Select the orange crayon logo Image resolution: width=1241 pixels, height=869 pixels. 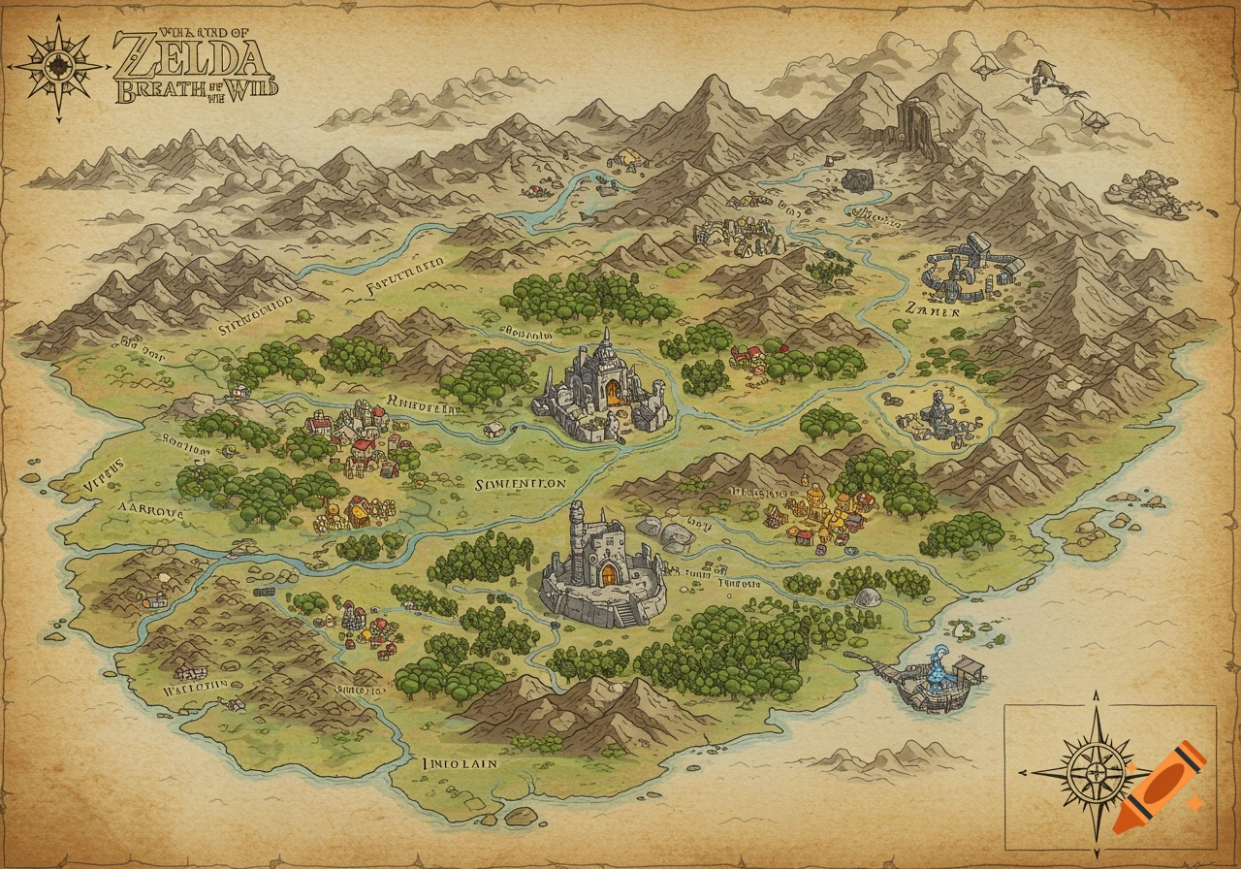coord(1159,788)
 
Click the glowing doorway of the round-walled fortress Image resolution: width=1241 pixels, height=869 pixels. coord(608,574)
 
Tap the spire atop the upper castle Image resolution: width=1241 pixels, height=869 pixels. coord(605,341)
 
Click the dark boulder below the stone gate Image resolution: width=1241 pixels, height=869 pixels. coord(857,180)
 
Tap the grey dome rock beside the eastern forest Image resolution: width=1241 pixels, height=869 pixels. coord(870,599)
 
